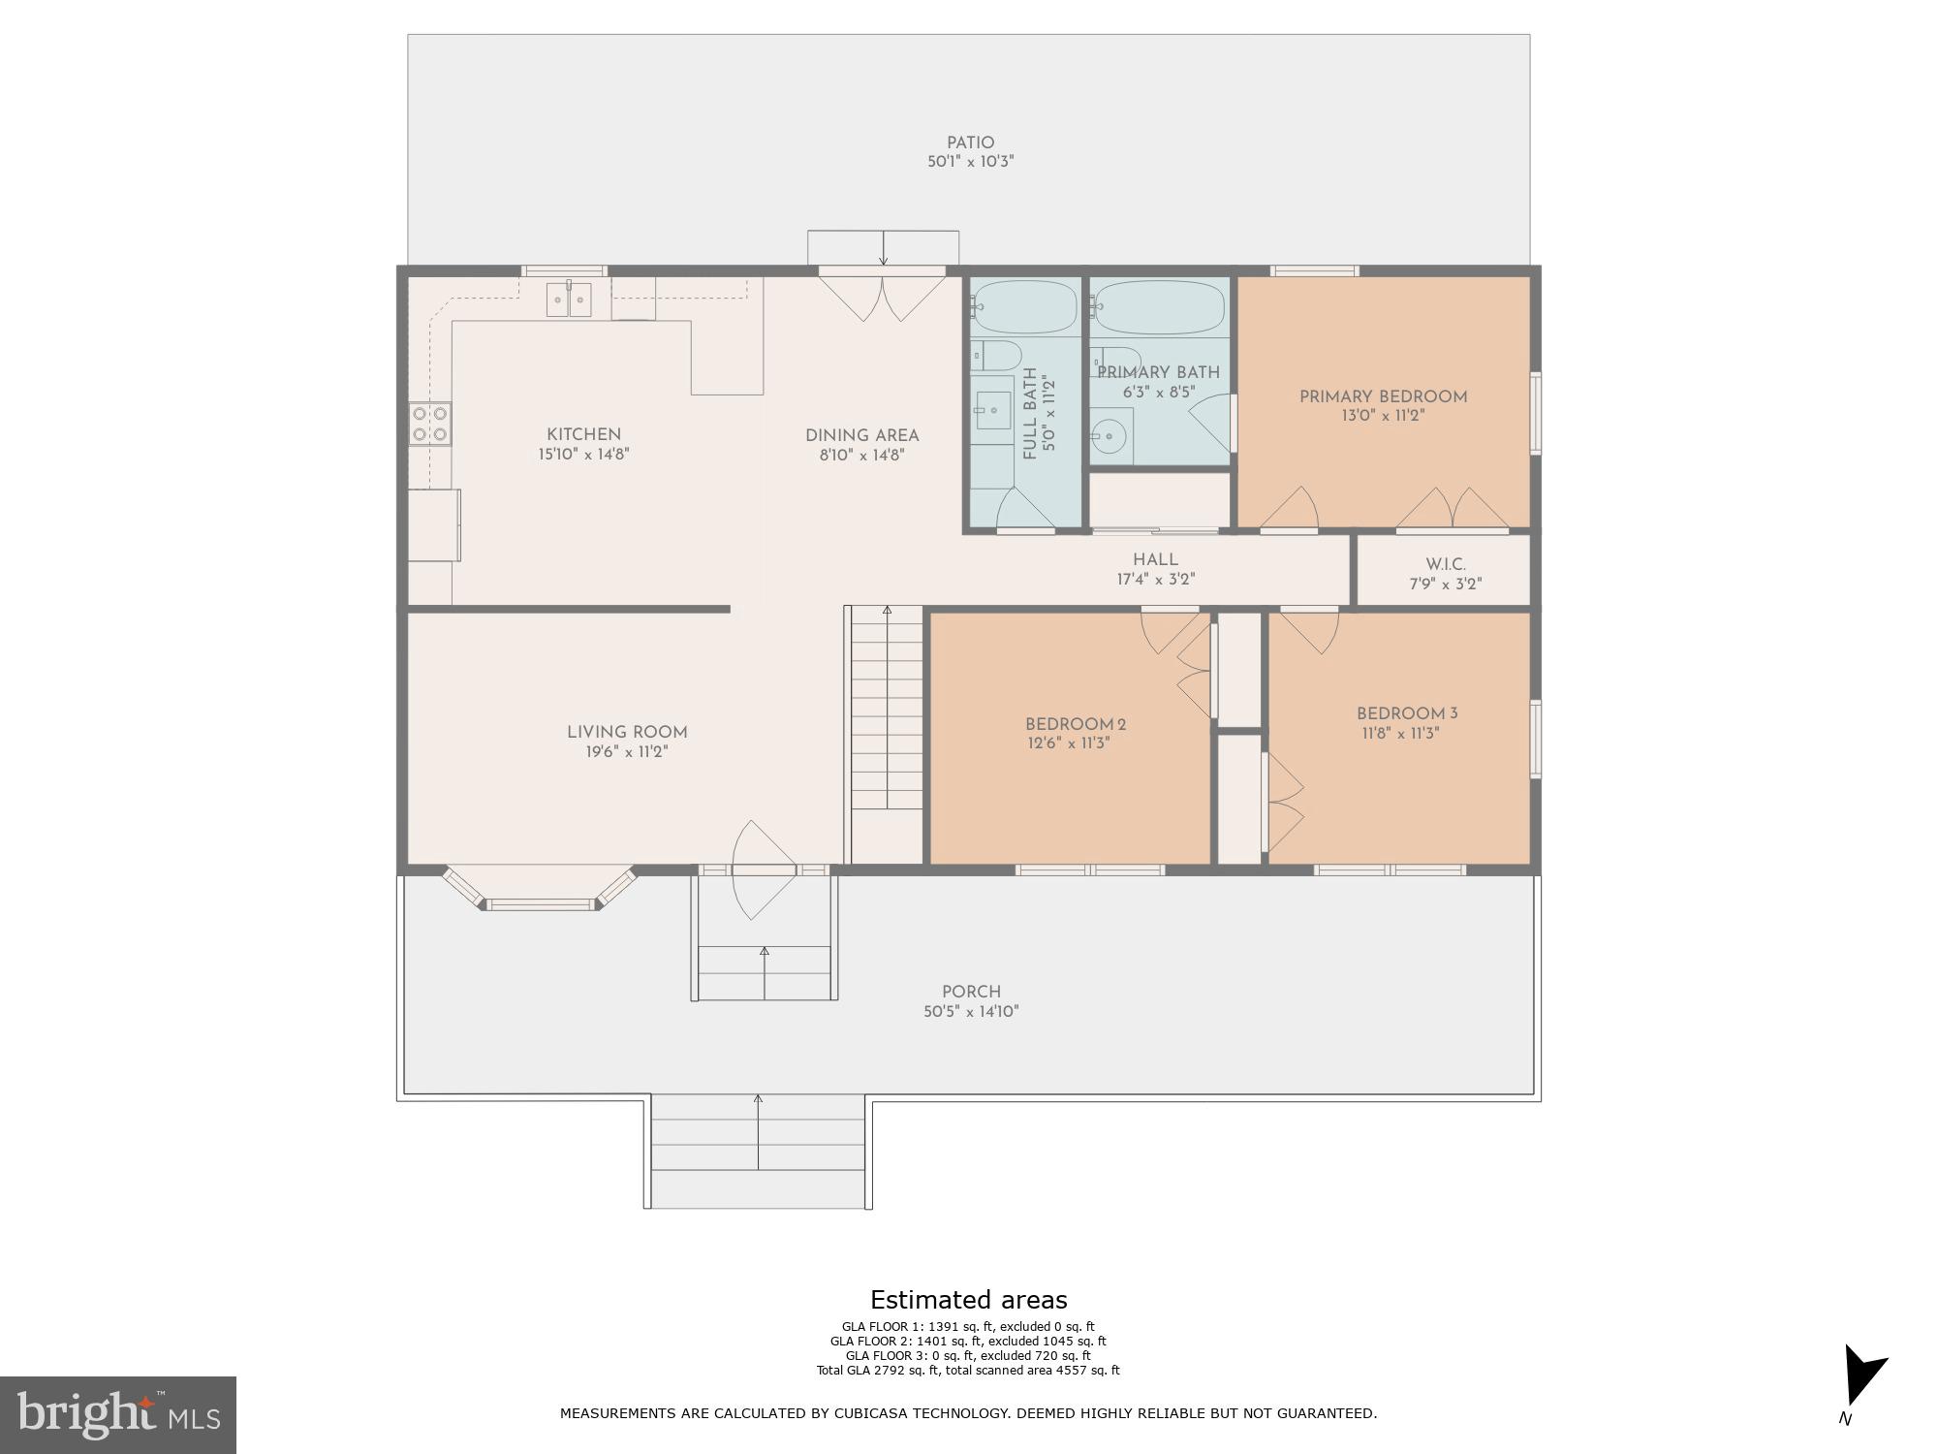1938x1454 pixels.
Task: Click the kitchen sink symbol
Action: pyautogui.click(x=569, y=299)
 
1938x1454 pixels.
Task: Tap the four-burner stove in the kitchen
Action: pyautogui.click(x=429, y=424)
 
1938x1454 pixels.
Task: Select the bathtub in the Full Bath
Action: pyautogui.click(x=1023, y=306)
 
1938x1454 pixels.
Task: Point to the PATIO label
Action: pyautogui.click(x=970, y=142)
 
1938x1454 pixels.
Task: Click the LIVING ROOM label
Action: pyautogui.click(x=627, y=733)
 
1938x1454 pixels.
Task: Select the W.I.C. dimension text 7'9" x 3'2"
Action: pyautogui.click(x=1445, y=584)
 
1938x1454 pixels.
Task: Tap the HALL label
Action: pyautogui.click(x=1155, y=559)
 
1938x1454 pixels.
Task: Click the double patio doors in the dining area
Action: pyautogui.click(x=882, y=296)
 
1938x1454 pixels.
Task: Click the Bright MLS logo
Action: pyautogui.click(x=117, y=1414)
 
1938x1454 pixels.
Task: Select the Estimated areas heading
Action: pyautogui.click(x=968, y=1300)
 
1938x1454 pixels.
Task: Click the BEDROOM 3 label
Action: pyautogui.click(x=1406, y=714)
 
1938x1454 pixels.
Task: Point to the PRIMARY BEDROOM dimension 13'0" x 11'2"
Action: pyautogui.click(x=1383, y=416)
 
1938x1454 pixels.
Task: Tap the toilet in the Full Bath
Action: pyautogui.click(x=996, y=353)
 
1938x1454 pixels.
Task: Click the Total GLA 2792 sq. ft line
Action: pyautogui.click(x=967, y=1371)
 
